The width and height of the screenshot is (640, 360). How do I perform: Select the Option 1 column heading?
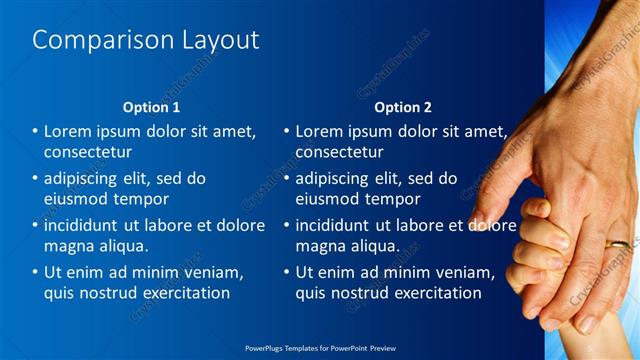(151, 107)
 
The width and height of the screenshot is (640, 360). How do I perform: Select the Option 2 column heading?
(403, 107)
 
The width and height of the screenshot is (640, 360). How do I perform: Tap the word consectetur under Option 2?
(339, 152)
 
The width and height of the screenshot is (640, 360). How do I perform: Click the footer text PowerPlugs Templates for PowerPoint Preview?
(320, 349)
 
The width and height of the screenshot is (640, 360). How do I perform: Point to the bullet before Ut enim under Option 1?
(35, 272)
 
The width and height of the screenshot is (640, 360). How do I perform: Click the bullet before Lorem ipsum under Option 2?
(287, 131)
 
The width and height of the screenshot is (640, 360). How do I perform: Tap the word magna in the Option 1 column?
(68, 245)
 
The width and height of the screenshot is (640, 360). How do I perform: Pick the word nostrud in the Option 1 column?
(109, 293)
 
